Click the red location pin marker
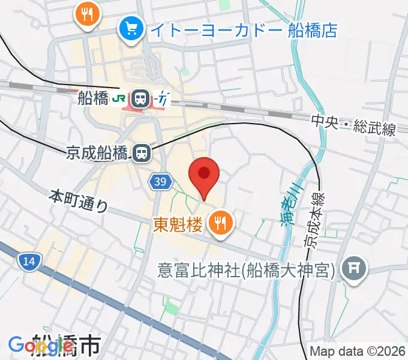204,175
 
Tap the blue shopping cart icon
130,28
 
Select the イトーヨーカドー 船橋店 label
243,29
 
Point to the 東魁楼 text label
178,224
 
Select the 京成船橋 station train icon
142,153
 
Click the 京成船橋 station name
97,153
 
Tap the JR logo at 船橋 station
120,97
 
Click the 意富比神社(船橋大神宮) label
246,271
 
